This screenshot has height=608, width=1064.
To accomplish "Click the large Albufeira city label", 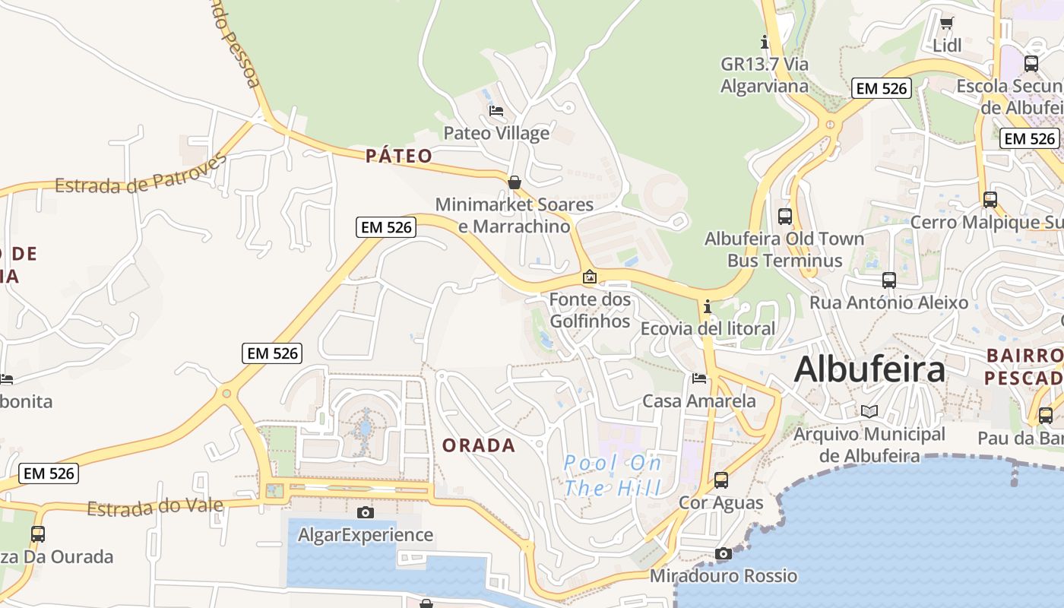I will click(869, 370).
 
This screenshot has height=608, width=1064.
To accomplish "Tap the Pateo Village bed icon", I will click(496, 111).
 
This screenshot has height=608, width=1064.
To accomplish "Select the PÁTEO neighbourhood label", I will click(399, 157).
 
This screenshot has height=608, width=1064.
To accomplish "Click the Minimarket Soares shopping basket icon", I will click(515, 182).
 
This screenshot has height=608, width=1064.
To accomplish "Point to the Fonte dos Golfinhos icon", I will click(589, 277).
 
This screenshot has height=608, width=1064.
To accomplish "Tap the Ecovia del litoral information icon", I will click(708, 307).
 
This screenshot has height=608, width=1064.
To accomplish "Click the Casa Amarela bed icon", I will click(699, 378).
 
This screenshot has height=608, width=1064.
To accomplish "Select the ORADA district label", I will click(479, 445).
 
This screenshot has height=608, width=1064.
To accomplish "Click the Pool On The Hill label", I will click(613, 475).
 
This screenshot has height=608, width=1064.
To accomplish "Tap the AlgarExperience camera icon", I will click(366, 512).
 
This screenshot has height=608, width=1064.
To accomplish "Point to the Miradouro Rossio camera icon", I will click(723, 553).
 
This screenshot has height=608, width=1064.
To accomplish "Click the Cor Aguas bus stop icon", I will click(721, 480).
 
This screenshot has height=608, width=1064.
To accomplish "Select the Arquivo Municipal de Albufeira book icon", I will click(869, 411).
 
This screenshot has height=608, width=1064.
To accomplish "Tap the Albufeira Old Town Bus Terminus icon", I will click(785, 217).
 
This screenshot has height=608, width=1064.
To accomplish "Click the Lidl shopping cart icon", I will click(946, 23).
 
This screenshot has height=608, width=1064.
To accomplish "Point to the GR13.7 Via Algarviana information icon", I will click(765, 42).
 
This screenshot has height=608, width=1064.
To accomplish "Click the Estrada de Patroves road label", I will click(141, 175).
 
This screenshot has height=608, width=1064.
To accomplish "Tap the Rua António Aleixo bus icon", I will click(889, 280).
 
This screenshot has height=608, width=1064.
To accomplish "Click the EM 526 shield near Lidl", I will click(881, 88).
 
